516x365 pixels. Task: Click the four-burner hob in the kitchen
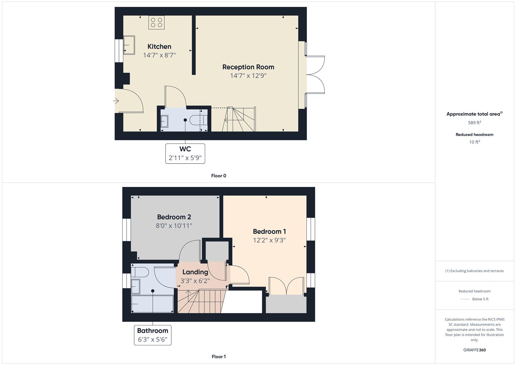(156, 23)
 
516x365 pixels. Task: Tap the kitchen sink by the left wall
(128, 45)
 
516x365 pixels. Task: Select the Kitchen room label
(159, 47)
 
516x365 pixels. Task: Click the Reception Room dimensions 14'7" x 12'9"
(248, 76)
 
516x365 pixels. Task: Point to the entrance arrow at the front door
(116, 101)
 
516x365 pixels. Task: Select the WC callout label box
(185, 153)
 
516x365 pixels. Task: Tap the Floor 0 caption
(219, 176)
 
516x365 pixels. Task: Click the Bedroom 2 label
(174, 217)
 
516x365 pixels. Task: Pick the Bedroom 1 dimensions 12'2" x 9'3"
(269, 240)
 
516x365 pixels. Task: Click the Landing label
(195, 272)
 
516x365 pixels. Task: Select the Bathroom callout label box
(152, 335)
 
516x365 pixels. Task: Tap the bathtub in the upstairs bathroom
(152, 304)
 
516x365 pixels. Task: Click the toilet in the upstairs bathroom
(140, 272)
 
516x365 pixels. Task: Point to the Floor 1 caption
(219, 357)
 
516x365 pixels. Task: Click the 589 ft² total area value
(474, 123)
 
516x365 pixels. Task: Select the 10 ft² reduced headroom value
(474, 142)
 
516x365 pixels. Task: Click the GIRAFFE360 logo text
(474, 350)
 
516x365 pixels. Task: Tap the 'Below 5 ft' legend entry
(480, 299)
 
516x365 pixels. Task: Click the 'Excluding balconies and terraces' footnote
(474, 271)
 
